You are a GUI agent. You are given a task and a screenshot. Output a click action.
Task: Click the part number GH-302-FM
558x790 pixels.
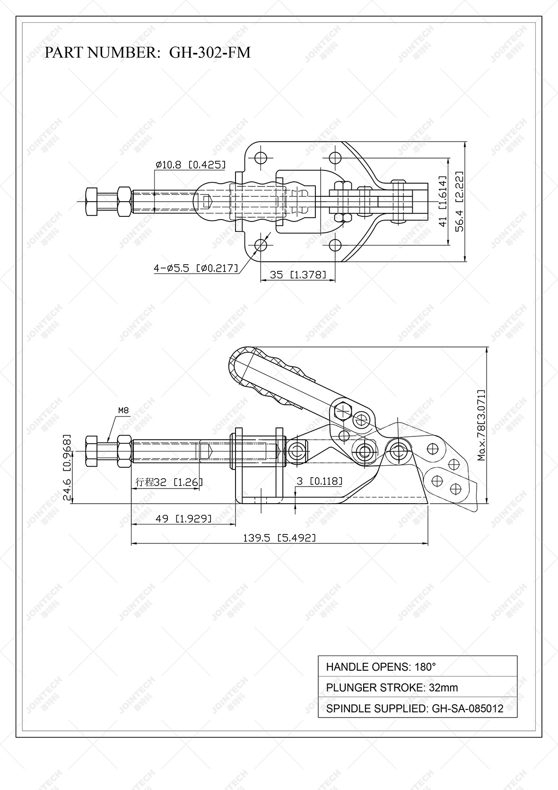pyautogui.click(x=209, y=52)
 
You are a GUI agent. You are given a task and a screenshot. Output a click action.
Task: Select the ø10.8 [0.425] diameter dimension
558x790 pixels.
pyautogui.click(x=190, y=165)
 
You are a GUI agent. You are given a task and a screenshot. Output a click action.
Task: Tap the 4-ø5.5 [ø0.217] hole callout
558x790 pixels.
pyautogui.click(x=195, y=268)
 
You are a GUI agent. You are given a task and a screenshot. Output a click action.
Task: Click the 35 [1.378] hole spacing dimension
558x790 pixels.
pyautogui.click(x=297, y=275)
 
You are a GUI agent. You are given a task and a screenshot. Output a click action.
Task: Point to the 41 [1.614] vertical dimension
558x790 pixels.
pyautogui.click(x=443, y=201)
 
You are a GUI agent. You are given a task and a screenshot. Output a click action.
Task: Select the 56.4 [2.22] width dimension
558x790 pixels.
pyautogui.click(x=460, y=201)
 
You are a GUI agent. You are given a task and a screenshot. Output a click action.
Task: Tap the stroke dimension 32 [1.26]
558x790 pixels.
pyautogui.click(x=169, y=482)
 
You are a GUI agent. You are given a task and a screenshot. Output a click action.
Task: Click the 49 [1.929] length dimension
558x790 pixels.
pyautogui.click(x=183, y=518)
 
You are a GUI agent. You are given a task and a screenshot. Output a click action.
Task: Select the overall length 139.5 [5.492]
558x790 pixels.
pyautogui.click(x=279, y=538)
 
